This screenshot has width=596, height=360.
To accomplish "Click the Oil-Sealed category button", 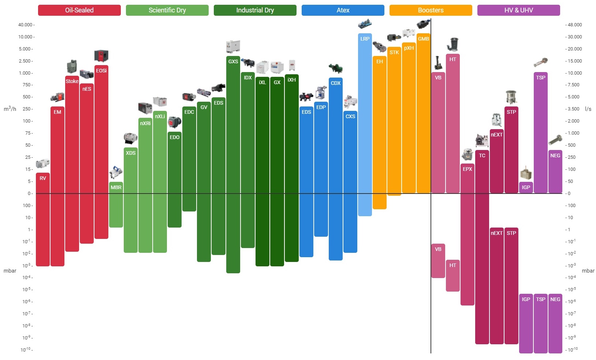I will pyautogui.click(x=79, y=10).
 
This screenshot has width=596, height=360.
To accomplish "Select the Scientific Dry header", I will pyautogui.click(x=167, y=10).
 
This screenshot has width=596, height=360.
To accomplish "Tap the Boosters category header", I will pyautogui.click(x=431, y=10).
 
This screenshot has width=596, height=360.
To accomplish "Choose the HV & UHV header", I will pyautogui.click(x=518, y=10).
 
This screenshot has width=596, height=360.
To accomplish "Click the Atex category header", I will pyautogui.click(x=343, y=10).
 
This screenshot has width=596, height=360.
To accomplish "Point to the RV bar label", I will pyautogui.click(x=43, y=178).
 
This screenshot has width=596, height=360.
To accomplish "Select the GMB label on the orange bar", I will pyautogui.click(x=423, y=39).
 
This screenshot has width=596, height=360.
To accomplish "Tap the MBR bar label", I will pyautogui.click(x=116, y=187).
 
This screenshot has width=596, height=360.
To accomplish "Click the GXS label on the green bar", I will pyautogui.click(x=233, y=61).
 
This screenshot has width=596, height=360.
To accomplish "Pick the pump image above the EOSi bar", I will pyautogui.click(x=101, y=56).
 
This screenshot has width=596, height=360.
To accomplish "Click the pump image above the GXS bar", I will pyautogui.click(x=233, y=47).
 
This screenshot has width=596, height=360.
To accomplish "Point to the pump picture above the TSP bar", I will pyautogui.click(x=540, y=63).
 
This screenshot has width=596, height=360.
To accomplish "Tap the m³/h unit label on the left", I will pyautogui.click(x=10, y=109).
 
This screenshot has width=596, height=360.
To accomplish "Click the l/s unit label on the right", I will pyautogui.click(x=588, y=109).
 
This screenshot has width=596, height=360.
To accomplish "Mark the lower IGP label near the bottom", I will pyautogui.click(x=526, y=299).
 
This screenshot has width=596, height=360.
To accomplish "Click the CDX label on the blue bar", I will pyautogui.click(x=335, y=83).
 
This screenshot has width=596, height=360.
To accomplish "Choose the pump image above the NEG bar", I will pyautogui.click(x=555, y=140).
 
